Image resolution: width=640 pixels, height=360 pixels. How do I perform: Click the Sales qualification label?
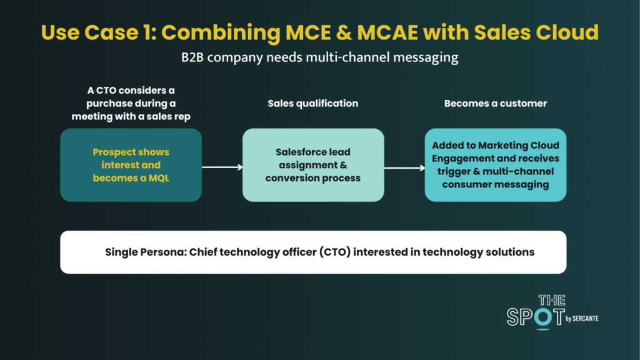(313, 103)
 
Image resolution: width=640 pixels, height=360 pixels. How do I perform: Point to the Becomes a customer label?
(496, 103)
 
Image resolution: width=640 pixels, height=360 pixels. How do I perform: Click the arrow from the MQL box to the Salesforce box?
(222, 167)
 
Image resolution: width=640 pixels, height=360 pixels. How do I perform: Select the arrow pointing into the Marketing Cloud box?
(404, 167)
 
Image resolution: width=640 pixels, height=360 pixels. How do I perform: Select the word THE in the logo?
(552, 300)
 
